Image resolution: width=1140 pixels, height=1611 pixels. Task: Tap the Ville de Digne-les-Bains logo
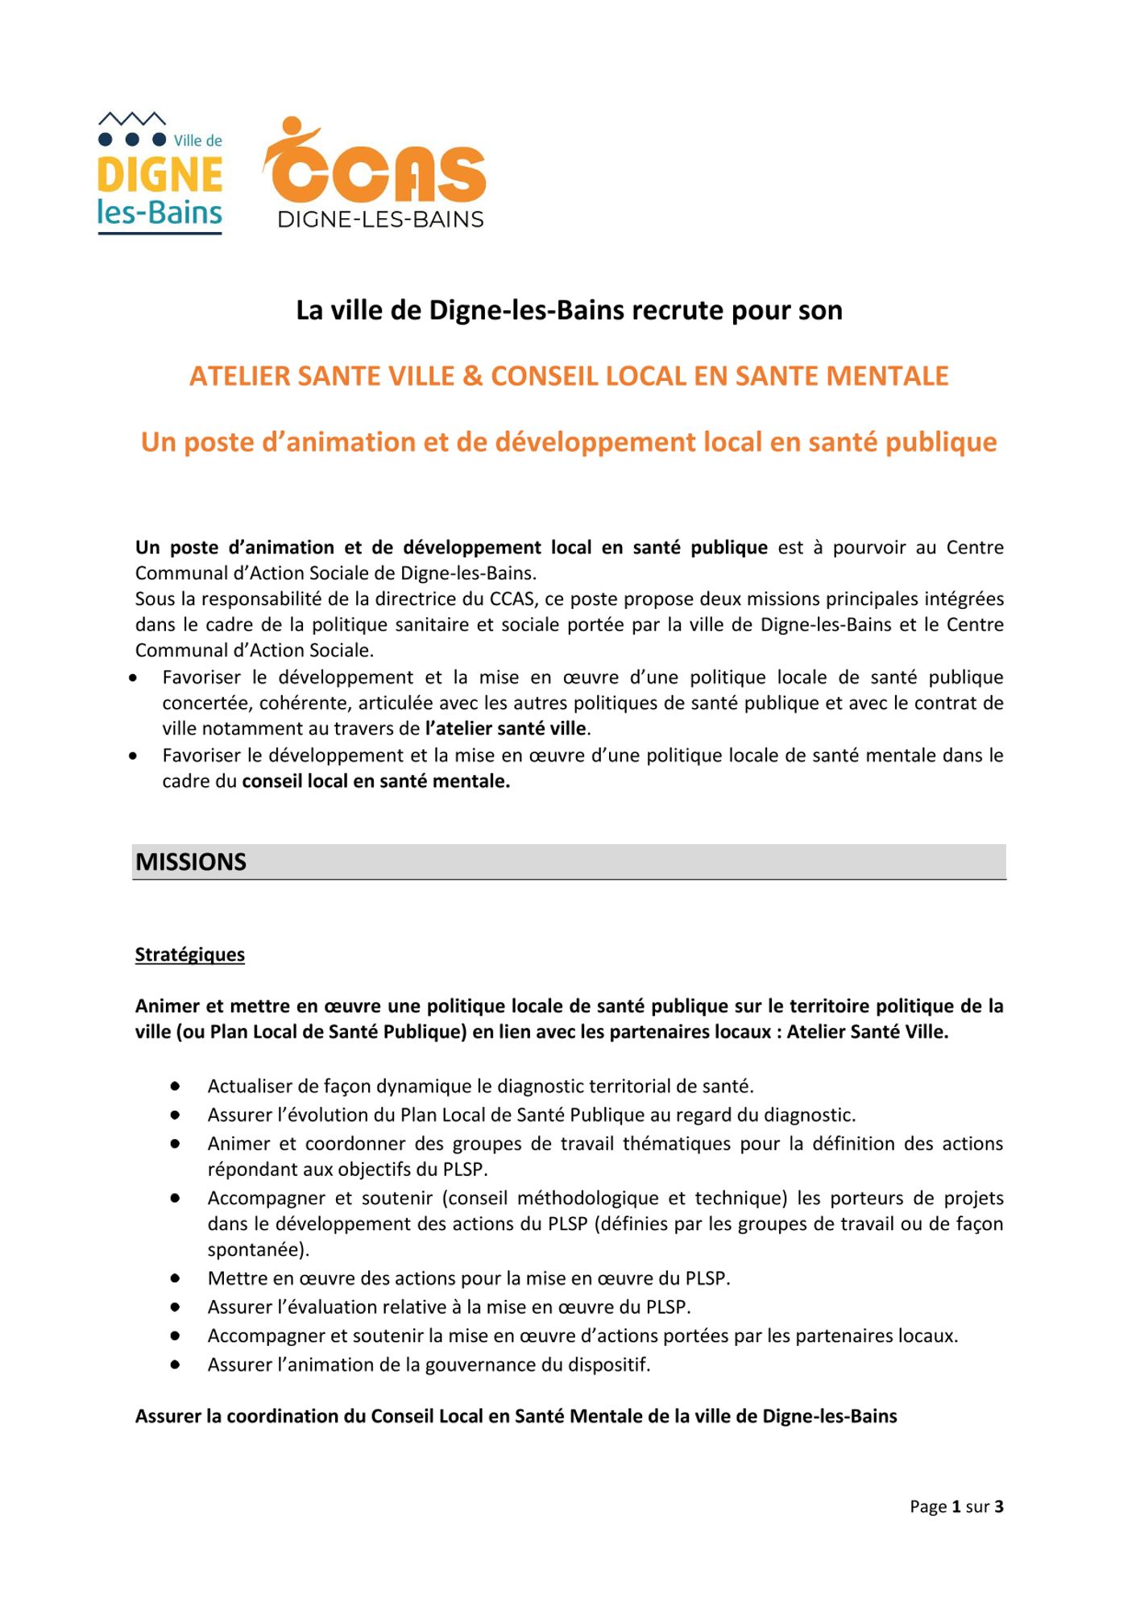[x=160, y=173]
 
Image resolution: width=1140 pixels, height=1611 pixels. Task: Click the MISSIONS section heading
[x=191, y=862]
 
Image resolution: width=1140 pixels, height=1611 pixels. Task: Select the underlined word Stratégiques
[x=190, y=955]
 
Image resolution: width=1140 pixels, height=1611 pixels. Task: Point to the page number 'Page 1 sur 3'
[x=956, y=1506]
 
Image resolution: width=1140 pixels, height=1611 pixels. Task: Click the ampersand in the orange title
[x=473, y=376]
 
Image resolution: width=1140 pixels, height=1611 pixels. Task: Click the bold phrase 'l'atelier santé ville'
[x=506, y=729]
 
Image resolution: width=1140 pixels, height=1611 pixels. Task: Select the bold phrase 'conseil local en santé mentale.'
[x=376, y=781]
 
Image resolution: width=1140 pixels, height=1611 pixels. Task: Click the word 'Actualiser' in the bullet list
[x=251, y=1087]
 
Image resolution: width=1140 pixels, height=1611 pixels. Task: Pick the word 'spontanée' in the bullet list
[x=255, y=1250]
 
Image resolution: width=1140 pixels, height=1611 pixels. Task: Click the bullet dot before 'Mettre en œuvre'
[x=175, y=1278]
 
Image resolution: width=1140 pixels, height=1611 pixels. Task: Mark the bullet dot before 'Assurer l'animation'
[x=175, y=1365]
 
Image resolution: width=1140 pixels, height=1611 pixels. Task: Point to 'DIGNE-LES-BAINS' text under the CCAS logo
[x=380, y=220]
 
